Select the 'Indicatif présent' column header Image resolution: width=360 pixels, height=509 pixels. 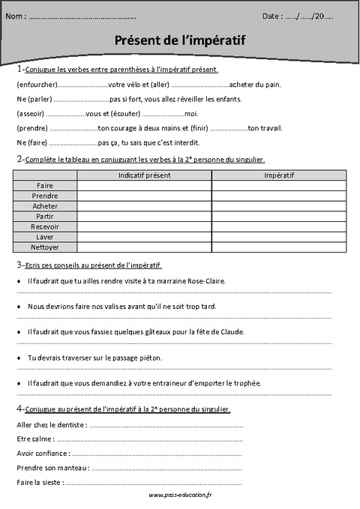pyautogui.click(x=144, y=175)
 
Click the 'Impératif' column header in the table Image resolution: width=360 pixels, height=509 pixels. pyautogui.click(x=279, y=175)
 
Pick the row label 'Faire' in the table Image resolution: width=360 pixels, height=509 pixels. pyautogui.click(x=46, y=184)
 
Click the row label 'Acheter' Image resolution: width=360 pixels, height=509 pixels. pyautogui.click(x=46, y=205)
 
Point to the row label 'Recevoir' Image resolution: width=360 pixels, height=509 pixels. pyautogui.click(x=46, y=226)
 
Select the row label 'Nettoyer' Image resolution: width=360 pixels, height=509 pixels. pyautogui.click(x=46, y=247)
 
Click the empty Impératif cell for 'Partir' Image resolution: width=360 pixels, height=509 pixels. pyautogui.click(x=279, y=216)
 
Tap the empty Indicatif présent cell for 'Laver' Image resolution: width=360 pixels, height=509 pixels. pyautogui.click(x=144, y=236)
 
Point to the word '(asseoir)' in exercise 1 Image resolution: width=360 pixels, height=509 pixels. pyautogui.click(x=30, y=113)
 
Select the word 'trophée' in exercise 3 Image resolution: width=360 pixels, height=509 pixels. pyautogui.click(x=247, y=383)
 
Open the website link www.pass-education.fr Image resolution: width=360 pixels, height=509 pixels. pyautogui.click(x=181, y=496)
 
